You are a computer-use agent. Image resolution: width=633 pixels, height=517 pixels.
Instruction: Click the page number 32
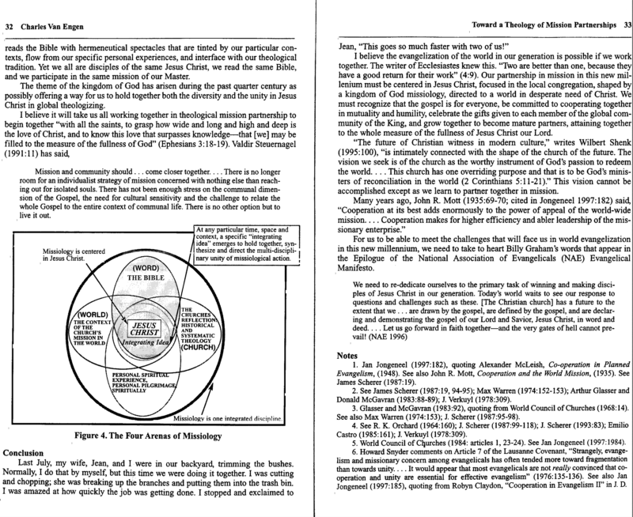point(10,25)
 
